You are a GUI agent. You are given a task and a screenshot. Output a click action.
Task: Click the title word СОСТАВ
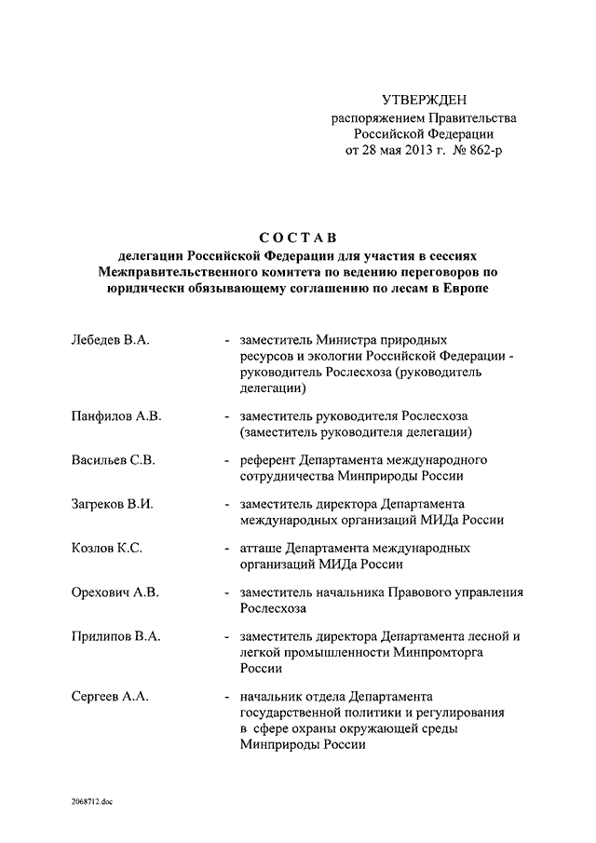click(297, 239)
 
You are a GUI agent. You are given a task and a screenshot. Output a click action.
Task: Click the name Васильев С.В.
click(113, 460)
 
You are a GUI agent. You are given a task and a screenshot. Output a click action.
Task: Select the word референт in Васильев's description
click(266, 460)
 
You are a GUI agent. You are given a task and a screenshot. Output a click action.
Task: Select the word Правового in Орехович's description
click(413, 592)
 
